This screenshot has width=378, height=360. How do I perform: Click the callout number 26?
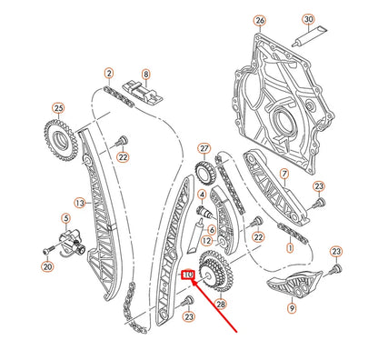click(260, 20)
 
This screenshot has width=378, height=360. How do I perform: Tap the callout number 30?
click(307, 20)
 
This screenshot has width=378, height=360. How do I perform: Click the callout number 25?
click(58, 109)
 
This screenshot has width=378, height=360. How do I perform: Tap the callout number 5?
click(65, 218)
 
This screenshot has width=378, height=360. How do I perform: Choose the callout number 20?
click(48, 267)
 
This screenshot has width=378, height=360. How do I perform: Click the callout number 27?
click(204, 148)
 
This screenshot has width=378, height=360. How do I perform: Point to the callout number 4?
click(202, 195)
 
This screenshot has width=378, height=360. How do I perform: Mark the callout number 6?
click(211, 230)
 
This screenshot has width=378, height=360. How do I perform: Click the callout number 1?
click(289, 246)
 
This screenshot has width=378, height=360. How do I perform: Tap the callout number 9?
click(292, 308)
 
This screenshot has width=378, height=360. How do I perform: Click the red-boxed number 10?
click(189, 274)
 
